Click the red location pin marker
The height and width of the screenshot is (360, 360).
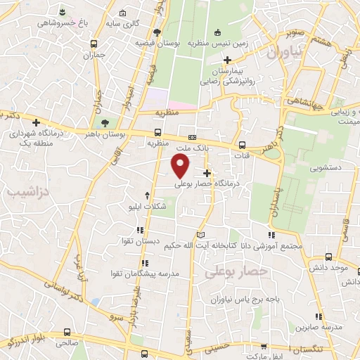click(181, 166)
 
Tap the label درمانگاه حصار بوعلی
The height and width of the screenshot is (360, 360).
click(207, 184)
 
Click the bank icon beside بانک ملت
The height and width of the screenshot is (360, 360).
click(191, 137)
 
